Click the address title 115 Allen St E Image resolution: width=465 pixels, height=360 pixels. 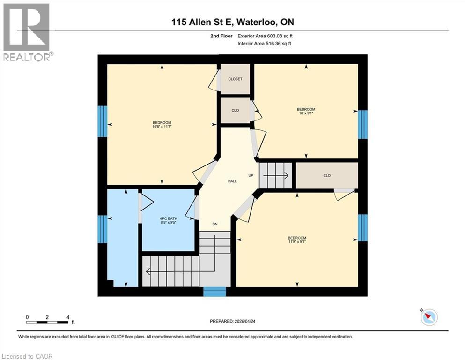pos(232,22)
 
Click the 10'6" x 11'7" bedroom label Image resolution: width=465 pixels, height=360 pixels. pos(162,124)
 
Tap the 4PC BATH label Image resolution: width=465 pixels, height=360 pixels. pos(168,220)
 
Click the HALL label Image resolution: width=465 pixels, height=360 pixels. pos(232,180)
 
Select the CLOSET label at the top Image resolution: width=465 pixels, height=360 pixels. pos(235,79)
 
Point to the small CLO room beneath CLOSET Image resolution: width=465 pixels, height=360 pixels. pos(235,110)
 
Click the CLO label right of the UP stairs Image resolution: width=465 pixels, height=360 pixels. pos(327,175)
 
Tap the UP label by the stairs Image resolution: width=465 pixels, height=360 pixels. pos(251,175)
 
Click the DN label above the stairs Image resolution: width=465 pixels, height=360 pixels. pos(215,224)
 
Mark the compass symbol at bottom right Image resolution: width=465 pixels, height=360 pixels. pos(428,317)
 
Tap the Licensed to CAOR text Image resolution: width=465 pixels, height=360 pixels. pos(27,356)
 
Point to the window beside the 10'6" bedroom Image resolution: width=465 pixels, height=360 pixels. pos(102,121)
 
